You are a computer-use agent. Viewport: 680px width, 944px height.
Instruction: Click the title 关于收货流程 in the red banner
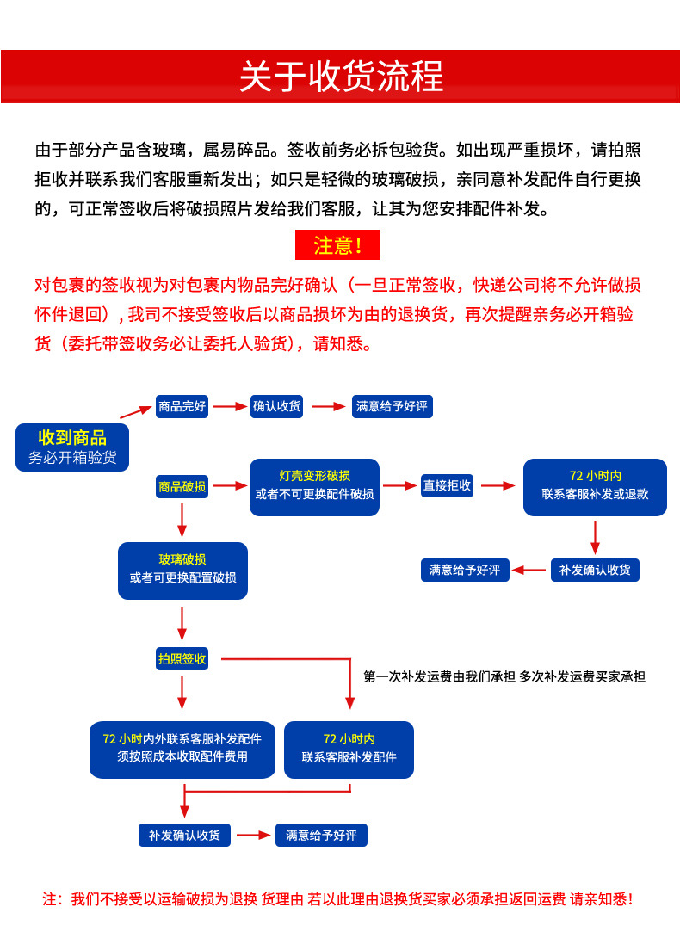pos(340,77)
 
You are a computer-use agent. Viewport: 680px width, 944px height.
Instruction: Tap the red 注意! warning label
pos(337,245)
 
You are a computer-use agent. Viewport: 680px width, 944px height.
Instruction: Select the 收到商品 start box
pos(72,447)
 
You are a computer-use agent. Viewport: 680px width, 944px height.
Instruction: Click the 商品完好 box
pos(182,406)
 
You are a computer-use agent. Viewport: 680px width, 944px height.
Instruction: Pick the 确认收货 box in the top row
pos(277,406)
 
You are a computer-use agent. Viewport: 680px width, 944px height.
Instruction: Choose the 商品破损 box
pos(182,486)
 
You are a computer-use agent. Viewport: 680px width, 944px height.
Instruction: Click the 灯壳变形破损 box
pos(314,486)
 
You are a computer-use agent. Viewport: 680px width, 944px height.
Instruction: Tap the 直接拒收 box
pos(447,486)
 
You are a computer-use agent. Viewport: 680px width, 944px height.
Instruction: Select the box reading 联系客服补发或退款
pos(595,486)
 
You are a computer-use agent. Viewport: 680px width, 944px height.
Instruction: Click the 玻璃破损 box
pos(182,570)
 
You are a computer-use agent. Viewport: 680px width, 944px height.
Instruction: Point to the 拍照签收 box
pos(182,659)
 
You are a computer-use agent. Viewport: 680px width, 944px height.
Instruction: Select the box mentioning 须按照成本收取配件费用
pos(182,749)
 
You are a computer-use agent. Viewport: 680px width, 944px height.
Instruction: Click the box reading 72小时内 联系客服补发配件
pos(349,749)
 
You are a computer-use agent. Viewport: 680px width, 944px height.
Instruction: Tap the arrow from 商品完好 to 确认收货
pos(230,406)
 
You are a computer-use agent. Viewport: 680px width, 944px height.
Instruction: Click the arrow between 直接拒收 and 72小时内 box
pos(498,486)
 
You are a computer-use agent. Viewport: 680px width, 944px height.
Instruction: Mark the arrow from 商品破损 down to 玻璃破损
pos(182,520)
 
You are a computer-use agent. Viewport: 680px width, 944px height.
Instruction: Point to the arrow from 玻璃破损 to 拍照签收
pos(182,622)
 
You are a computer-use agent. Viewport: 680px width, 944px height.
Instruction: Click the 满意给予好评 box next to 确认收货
pos(392,406)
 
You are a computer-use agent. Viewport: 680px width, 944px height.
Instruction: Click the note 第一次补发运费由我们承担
pos(439,677)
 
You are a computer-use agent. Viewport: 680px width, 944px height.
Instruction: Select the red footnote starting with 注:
pos(337,899)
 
